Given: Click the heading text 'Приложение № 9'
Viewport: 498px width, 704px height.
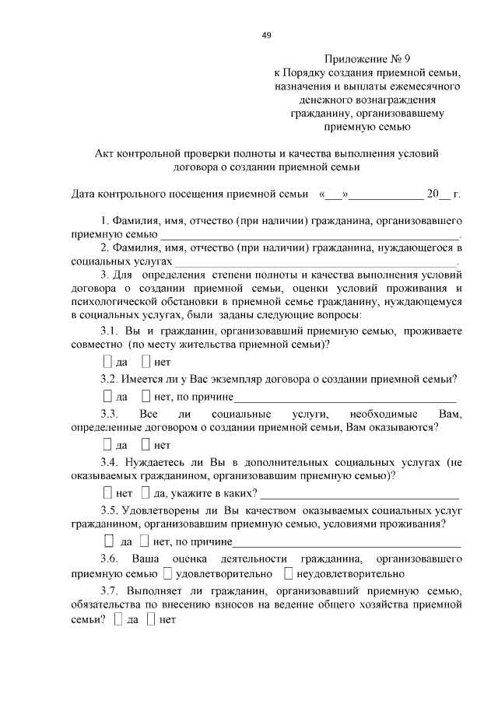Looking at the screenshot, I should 366,59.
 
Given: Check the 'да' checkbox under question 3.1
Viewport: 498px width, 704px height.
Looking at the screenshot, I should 107,363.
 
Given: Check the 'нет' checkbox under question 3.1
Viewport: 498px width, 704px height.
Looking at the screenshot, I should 146,363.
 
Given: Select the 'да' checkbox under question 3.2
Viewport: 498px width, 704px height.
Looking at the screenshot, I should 107,398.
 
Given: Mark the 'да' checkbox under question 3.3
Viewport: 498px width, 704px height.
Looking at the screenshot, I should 107,445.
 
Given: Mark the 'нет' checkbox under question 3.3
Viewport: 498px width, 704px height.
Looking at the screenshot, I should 146,445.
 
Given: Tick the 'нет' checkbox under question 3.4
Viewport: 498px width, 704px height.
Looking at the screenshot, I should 107,493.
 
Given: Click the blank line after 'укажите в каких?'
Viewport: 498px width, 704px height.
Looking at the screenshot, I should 362,496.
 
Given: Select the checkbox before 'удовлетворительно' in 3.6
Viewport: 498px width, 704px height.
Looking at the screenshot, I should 167,574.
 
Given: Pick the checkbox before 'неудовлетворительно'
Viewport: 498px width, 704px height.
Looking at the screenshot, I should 288,574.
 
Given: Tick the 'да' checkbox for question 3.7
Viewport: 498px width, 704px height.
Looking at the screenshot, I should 118,620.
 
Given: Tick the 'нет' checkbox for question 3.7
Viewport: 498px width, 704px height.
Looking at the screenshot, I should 151,620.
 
